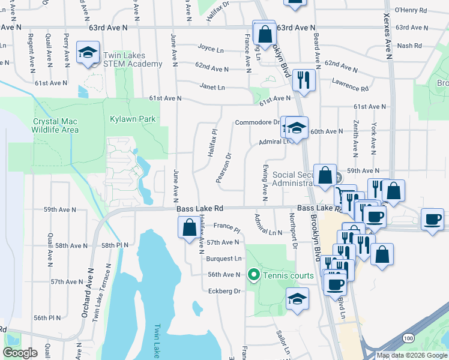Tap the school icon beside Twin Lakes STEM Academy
[88, 53]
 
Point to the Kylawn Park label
[133, 119]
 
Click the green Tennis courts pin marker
[253, 275]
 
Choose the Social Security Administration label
[301, 179]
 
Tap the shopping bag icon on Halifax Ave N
[190, 228]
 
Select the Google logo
[21, 353]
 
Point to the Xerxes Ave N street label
[387, 36]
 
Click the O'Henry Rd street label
[411, 10]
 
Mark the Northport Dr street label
[294, 230]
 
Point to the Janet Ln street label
[212, 87]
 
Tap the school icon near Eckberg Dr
[297, 298]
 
